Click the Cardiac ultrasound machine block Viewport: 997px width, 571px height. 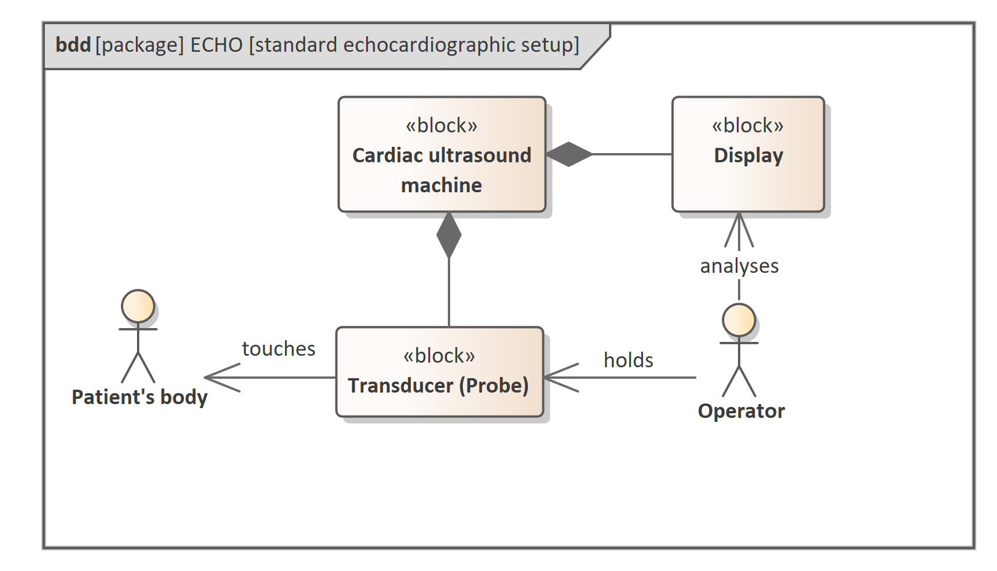[442, 154]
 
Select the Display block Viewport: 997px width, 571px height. [748, 154]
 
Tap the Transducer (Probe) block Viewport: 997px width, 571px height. [440, 372]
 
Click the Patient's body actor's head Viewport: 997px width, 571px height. [138, 306]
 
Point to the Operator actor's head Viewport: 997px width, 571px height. [739, 320]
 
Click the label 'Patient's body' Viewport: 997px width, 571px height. [139, 397]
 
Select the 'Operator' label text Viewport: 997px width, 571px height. [741, 411]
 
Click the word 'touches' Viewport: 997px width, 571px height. [279, 348]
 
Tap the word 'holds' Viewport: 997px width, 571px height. [629, 360]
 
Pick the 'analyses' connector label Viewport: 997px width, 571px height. [739, 266]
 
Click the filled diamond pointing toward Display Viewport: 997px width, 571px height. [569, 154]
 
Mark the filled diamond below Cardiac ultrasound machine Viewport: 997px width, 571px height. [449, 235]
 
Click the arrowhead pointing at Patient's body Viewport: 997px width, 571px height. [222, 378]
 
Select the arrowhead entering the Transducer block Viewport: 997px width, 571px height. [561, 378]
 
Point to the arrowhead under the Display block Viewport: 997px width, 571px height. [739, 230]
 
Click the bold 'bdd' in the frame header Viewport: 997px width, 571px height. [73, 45]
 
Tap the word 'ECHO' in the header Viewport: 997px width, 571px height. [216, 45]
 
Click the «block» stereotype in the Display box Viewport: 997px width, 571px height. [748, 125]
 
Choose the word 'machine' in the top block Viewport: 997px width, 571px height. [442, 185]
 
